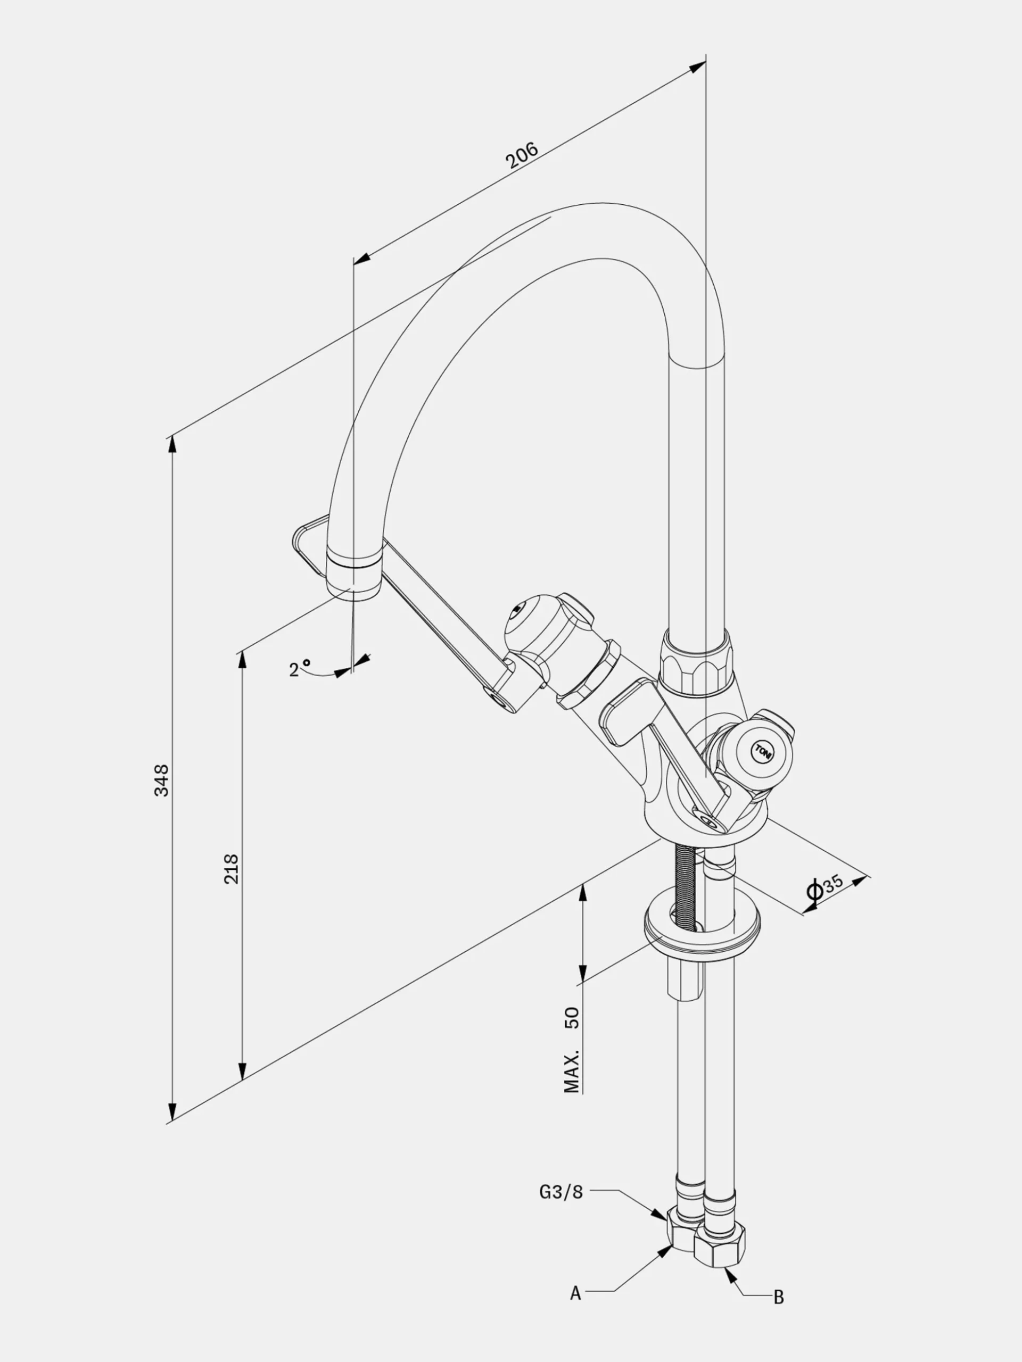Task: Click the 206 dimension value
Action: tap(522, 155)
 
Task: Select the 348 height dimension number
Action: tap(161, 780)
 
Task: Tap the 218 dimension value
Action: tap(231, 869)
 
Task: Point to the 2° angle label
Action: tap(300, 668)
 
